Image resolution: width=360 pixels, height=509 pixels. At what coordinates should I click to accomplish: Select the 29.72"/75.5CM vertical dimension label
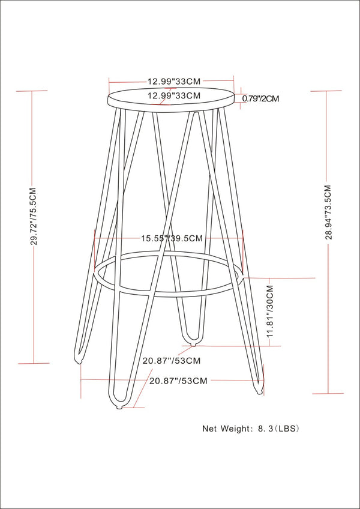(x=34, y=216)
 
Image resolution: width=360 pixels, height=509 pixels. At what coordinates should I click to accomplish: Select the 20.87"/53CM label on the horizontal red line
(x=178, y=381)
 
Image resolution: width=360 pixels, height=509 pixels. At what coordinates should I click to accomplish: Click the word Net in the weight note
(x=209, y=429)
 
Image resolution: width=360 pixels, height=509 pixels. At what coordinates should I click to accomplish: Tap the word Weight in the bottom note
(x=236, y=429)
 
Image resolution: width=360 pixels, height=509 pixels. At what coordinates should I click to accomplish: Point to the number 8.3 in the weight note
(x=265, y=429)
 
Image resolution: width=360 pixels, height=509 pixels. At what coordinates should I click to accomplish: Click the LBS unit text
(x=287, y=429)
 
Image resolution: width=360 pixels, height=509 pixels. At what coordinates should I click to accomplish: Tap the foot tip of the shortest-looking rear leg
(x=192, y=343)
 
